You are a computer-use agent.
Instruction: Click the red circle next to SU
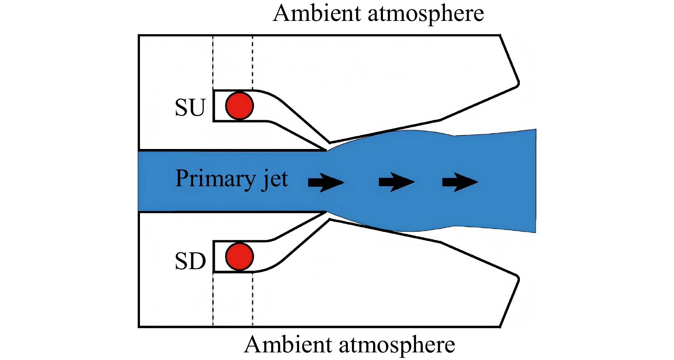point(239,106)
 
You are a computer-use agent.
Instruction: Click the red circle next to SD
point(239,257)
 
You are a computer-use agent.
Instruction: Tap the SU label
point(190,108)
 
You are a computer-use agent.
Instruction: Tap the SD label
point(190,261)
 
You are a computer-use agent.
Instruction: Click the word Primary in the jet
point(216,179)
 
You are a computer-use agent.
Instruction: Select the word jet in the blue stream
point(275,179)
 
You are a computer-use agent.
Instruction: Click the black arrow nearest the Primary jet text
point(326,182)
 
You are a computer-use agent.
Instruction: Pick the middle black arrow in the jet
point(396,182)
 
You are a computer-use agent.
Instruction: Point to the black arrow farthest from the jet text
point(460,182)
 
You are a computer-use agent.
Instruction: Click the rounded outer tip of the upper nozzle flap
point(518,83)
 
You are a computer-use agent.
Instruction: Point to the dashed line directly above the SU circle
point(253,63)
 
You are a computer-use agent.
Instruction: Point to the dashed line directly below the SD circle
point(253,299)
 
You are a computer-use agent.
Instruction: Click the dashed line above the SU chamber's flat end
point(213,63)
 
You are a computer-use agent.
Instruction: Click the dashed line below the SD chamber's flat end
point(213,299)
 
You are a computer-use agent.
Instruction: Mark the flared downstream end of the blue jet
point(534,181)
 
